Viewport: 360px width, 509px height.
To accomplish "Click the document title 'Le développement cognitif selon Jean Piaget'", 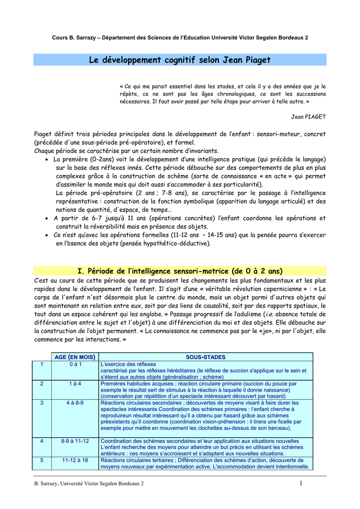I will coord(180,60).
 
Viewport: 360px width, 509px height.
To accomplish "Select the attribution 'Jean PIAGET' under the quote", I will coord(308,117).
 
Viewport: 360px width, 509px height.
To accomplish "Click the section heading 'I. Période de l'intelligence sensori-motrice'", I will coord(180,271).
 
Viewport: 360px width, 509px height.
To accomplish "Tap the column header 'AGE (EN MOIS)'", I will coord(75,357).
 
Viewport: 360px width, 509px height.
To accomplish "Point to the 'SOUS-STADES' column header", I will coord(205,357).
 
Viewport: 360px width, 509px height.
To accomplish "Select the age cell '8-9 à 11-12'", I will coord(75,441).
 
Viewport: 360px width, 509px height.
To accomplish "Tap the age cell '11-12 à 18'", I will coord(75,460).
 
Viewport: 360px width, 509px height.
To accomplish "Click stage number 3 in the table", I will coord(42,403).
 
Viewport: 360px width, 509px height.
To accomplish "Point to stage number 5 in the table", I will coord(42,460).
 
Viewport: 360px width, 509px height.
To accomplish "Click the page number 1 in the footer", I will coord(301,484).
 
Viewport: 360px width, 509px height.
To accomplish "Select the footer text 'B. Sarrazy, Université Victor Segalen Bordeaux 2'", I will coord(89,484).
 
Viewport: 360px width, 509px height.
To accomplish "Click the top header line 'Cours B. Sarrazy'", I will coord(180,38).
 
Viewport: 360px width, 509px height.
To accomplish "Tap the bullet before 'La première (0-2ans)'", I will coord(46,160).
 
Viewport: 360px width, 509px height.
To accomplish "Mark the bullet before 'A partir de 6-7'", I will coord(46,218).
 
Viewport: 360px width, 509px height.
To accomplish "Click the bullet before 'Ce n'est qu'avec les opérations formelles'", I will coord(46,235).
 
